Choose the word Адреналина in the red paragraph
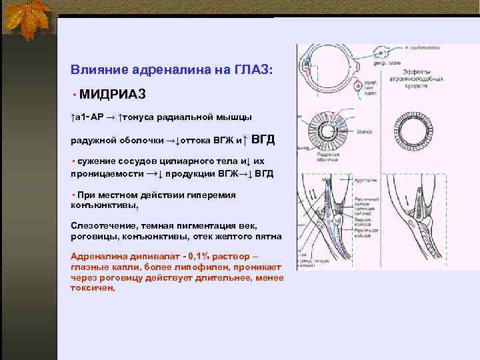coord(96,256)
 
